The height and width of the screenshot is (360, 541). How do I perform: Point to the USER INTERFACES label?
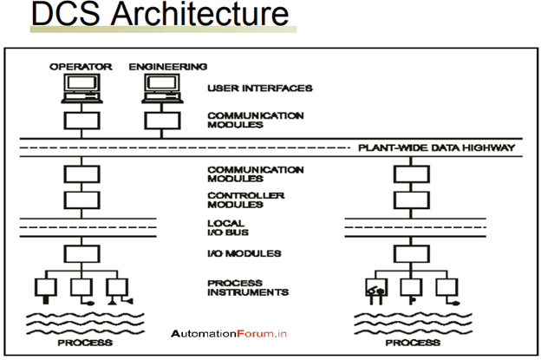click(247, 88)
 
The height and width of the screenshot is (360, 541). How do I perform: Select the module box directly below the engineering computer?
click(157, 119)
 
